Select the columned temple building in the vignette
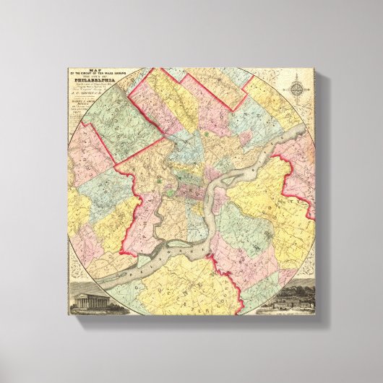coord(86,299)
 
